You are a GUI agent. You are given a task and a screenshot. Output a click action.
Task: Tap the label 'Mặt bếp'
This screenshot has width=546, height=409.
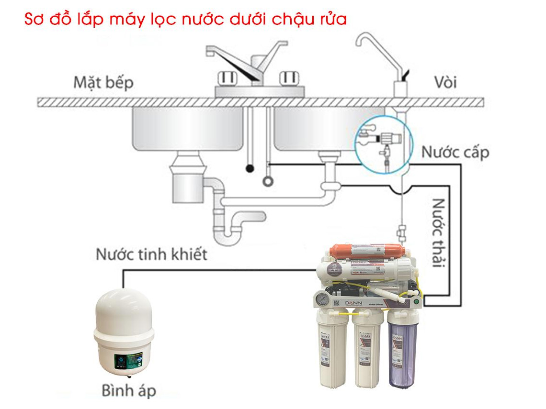click(x=103, y=82)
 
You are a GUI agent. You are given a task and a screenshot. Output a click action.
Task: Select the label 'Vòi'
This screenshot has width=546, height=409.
click(x=446, y=82)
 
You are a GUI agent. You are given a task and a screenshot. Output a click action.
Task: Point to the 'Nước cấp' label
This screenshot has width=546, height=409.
click(x=455, y=152)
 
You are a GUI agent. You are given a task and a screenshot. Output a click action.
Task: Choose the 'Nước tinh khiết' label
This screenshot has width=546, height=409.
click(x=152, y=254)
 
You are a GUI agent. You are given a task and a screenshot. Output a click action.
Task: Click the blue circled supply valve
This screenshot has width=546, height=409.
click(x=383, y=141)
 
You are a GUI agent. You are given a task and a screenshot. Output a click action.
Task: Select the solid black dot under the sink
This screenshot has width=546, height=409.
click(x=249, y=168)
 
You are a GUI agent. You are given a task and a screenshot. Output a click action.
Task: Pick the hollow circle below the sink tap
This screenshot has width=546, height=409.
click(x=268, y=181)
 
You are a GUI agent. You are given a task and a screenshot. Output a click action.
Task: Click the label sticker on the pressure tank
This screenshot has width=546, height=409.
click(x=125, y=361)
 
